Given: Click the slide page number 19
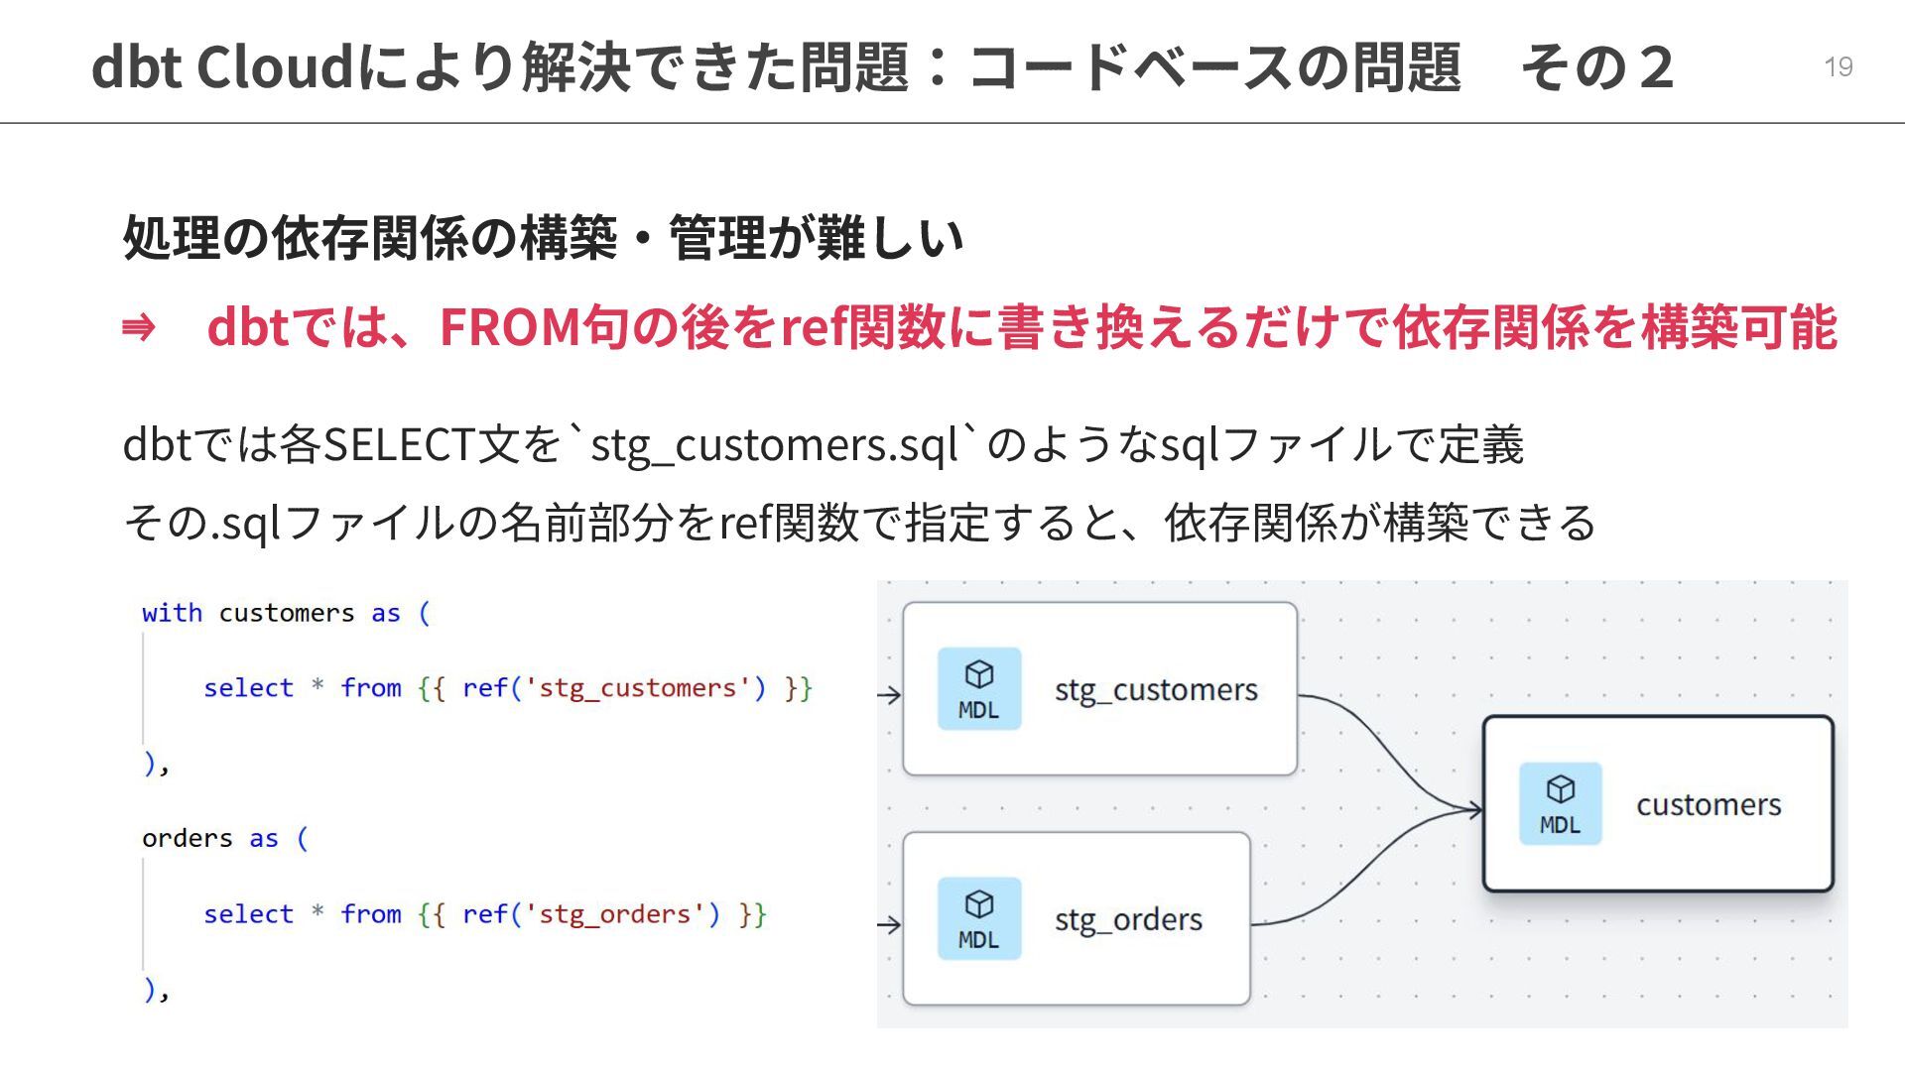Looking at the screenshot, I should [1838, 66].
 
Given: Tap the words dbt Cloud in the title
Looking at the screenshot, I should [221, 67].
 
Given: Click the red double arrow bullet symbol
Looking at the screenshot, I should [138, 327].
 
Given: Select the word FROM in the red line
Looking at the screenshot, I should [509, 327].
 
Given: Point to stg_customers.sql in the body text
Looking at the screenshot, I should [774, 444].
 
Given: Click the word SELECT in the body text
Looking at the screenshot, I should [399, 444].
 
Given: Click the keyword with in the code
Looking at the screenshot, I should [172, 613].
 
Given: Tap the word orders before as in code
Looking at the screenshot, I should [187, 839].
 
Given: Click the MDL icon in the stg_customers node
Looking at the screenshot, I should [979, 689].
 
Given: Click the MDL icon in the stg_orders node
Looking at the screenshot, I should [979, 919].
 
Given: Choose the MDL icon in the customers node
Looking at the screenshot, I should [1560, 804].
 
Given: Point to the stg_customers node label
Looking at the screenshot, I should [1156, 689].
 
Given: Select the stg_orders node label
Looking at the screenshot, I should [1128, 919].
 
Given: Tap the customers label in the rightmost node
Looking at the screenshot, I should [1709, 804].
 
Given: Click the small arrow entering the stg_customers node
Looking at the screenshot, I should [889, 695].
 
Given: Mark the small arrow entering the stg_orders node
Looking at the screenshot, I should [889, 925].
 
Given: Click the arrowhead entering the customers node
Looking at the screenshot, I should [1473, 809].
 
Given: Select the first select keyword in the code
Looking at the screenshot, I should [248, 688].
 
